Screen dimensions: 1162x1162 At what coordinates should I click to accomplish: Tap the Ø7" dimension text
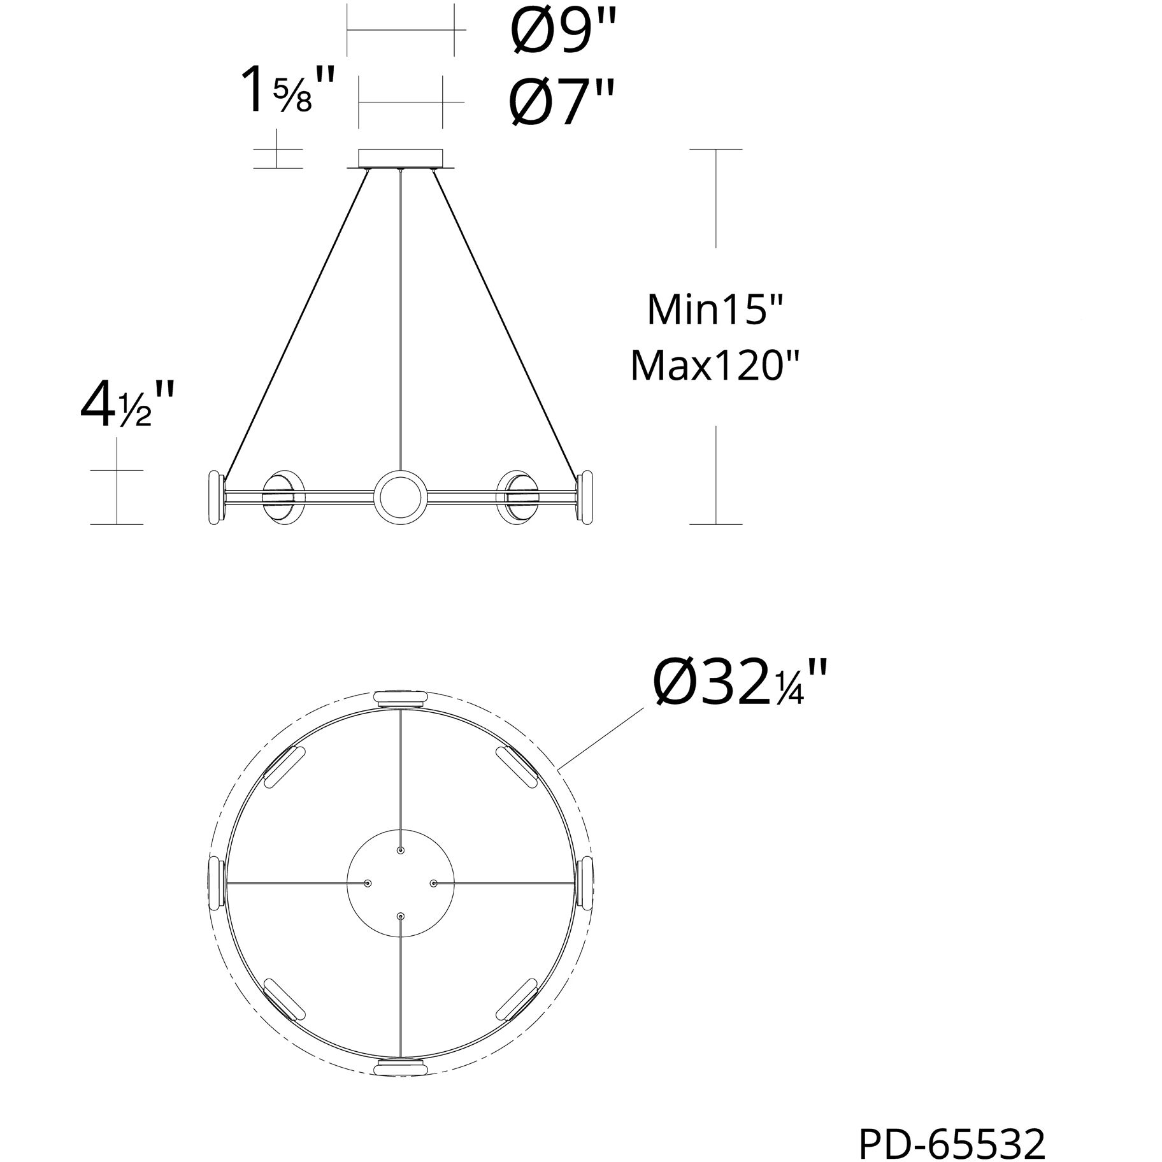click(x=562, y=102)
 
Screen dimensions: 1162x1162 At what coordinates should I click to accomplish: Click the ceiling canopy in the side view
click(x=400, y=159)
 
